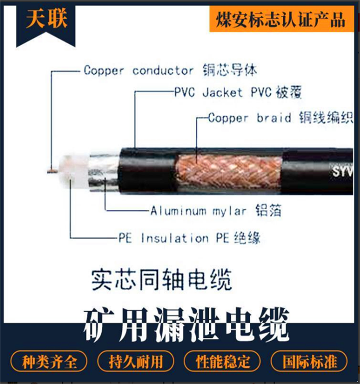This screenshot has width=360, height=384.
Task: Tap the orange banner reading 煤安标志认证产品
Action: click(x=282, y=19)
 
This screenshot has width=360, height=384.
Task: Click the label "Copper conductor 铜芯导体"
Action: click(x=170, y=71)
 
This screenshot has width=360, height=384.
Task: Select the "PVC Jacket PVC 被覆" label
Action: click(x=238, y=92)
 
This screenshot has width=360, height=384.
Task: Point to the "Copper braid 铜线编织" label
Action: click(x=281, y=118)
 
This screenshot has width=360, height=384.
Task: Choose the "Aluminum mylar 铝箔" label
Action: click(x=216, y=211)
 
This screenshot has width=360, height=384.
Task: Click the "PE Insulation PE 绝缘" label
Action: click(x=189, y=238)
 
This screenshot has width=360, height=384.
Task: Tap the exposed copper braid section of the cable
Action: click(x=229, y=171)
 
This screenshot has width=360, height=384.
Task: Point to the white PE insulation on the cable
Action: click(x=73, y=171)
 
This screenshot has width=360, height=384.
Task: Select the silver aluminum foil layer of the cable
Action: click(x=104, y=172)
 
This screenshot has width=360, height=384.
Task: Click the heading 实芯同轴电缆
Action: click(x=162, y=280)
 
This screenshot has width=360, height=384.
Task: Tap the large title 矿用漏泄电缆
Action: click(x=186, y=324)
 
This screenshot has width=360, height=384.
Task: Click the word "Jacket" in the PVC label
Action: click(x=222, y=93)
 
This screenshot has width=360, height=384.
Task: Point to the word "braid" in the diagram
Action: click(x=274, y=118)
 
